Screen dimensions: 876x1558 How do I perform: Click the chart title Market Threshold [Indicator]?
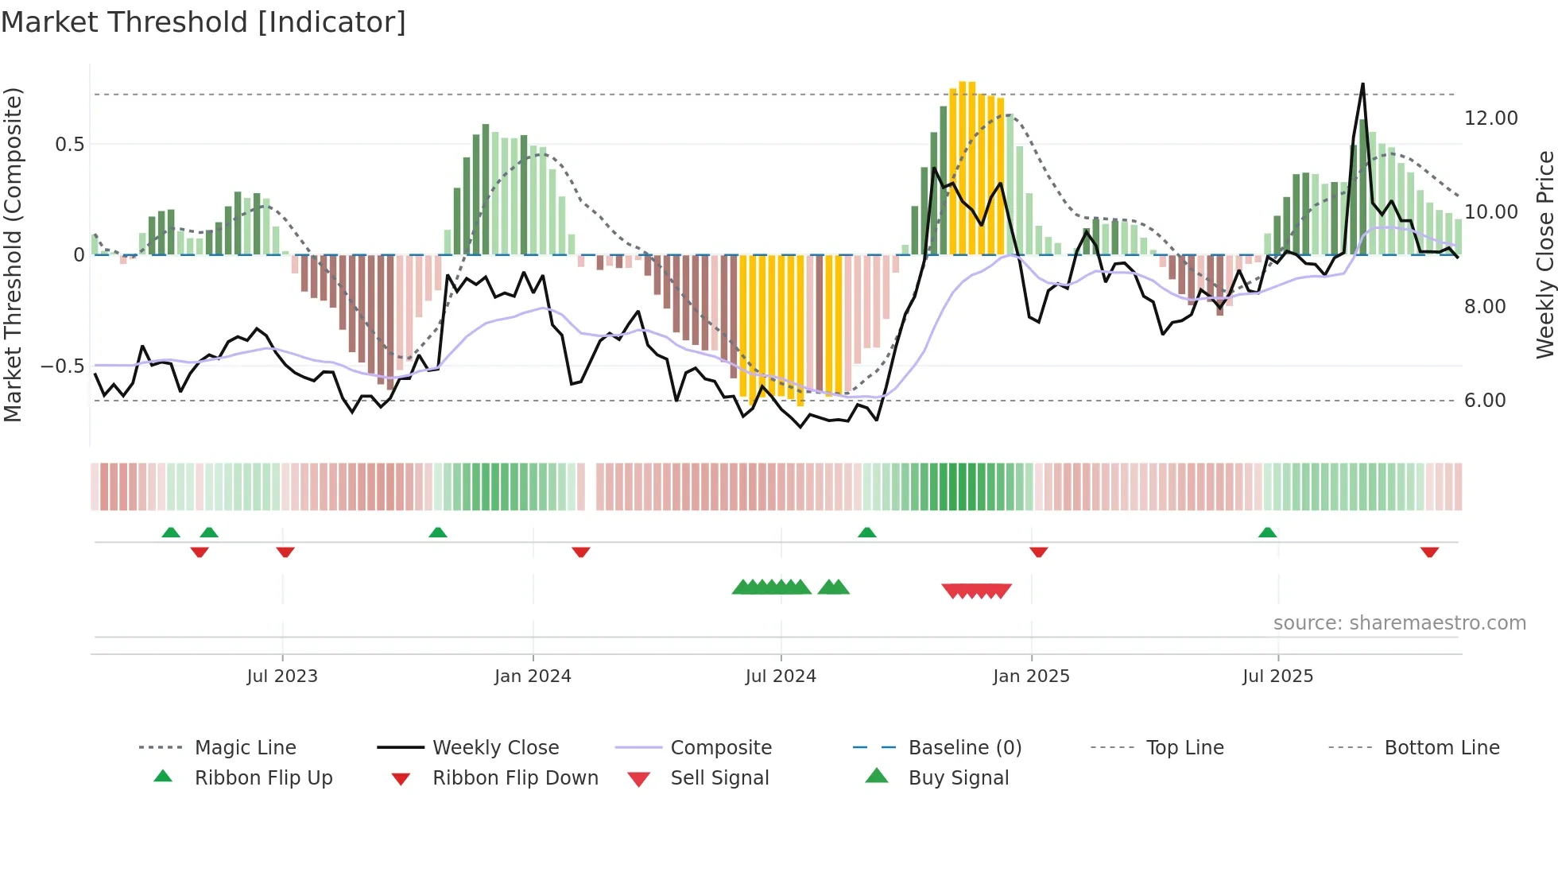[203, 22]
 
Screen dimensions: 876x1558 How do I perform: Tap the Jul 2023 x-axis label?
[282, 676]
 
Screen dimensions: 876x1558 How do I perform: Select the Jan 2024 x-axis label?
[533, 676]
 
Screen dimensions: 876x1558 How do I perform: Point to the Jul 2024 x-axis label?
[781, 676]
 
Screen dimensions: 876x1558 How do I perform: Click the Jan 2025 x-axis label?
[1031, 676]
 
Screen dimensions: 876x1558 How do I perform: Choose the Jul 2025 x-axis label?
[1278, 676]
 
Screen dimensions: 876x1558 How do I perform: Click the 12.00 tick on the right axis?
[1490, 118]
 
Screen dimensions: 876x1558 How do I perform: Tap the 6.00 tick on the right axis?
[1485, 401]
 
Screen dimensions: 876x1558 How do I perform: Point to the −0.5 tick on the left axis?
[63, 366]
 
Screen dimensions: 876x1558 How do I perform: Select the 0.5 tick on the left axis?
[70, 145]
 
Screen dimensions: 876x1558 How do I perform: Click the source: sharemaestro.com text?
[1399, 623]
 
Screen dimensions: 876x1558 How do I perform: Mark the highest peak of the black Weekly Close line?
[1362, 84]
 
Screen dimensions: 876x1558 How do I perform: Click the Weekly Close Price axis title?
[1544, 254]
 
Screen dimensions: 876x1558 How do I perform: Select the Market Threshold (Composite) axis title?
[13, 254]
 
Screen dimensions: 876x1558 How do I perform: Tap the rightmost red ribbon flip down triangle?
[1429, 552]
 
